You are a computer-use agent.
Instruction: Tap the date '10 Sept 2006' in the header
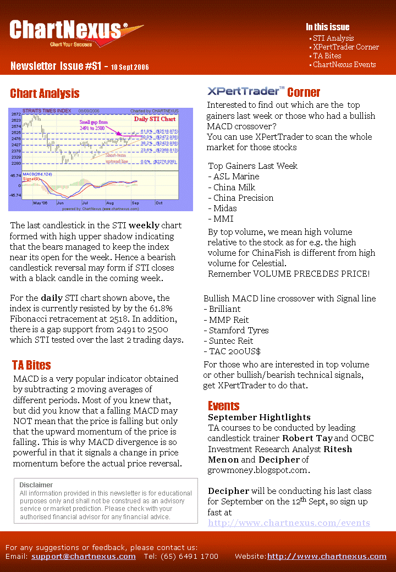point(130,68)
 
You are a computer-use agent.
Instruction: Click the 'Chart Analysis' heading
point(45,94)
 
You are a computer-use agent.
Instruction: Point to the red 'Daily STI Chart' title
point(155,119)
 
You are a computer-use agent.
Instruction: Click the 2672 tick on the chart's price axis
point(16,114)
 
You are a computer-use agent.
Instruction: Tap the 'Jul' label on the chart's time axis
point(85,203)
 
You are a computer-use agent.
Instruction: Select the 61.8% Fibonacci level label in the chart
point(147,131)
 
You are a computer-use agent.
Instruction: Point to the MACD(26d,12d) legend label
point(38,174)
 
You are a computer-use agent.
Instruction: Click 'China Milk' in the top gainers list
point(234,187)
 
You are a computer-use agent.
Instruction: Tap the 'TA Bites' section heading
point(31,365)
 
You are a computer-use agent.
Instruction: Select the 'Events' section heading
point(223,406)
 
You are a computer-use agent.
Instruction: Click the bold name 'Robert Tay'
point(307,438)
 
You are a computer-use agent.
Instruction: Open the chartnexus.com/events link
point(289,523)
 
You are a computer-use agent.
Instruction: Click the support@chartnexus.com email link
point(84,557)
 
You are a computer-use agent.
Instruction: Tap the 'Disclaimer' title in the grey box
point(36,485)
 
